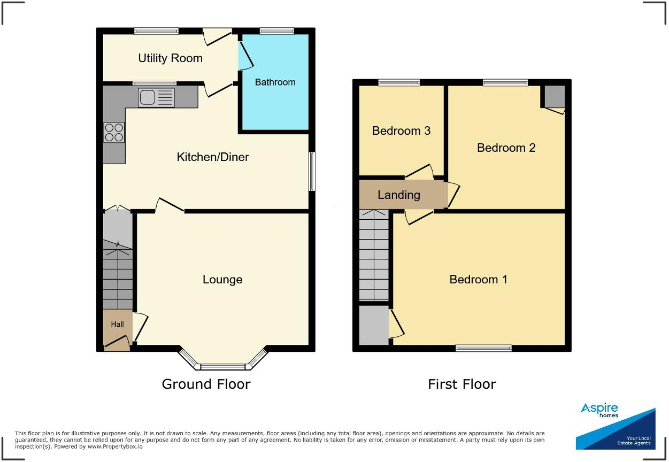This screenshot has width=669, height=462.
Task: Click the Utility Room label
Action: click(x=170, y=58)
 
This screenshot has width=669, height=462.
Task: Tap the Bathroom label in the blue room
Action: click(x=275, y=82)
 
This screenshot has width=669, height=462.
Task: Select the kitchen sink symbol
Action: click(x=156, y=97)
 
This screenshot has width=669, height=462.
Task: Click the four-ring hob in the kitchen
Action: click(x=114, y=132)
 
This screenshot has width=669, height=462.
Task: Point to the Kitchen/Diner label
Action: click(x=213, y=157)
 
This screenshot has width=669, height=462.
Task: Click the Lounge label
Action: click(x=222, y=279)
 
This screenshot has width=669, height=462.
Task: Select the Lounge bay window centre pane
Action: click(x=222, y=367)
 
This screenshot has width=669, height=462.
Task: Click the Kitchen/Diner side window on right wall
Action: click(x=312, y=171)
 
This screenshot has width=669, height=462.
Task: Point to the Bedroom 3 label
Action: click(x=401, y=130)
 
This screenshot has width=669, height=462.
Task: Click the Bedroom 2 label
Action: click(x=506, y=148)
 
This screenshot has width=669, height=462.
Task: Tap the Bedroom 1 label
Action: click(x=478, y=279)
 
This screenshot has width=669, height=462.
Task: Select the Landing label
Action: click(x=398, y=195)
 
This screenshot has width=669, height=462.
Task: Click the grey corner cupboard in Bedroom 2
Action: click(x=555, y=96)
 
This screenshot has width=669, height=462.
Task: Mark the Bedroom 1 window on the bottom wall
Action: click(x=483, y=348)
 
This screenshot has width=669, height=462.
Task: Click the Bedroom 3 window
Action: click(x=399, y=82)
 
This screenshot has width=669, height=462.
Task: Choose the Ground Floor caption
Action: click(x=206, y=384)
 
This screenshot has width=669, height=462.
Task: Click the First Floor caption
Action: click(x=462, y=384)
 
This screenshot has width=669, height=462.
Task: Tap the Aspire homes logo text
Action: click(x=599, y=410)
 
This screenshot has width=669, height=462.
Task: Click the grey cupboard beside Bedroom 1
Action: click(x=373, y=325)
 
